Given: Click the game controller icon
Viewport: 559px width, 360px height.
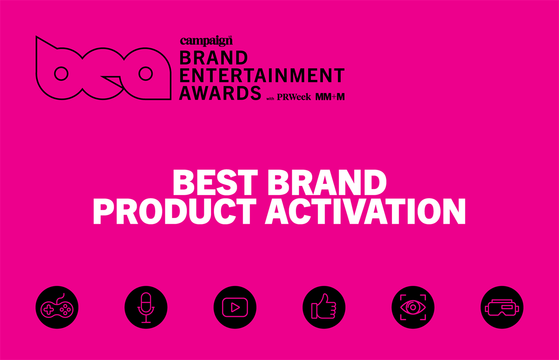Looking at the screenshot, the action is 57,307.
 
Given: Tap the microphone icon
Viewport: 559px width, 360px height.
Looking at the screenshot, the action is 146,307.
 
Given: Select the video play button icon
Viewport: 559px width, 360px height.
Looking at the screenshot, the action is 235,307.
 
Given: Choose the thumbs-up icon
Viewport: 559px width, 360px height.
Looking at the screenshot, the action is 324,307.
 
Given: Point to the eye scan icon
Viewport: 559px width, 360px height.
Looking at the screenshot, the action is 413,307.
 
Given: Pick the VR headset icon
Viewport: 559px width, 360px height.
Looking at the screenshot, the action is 502,307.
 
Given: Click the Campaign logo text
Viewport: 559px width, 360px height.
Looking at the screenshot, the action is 206,41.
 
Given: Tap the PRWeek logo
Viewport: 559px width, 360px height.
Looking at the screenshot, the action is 294,97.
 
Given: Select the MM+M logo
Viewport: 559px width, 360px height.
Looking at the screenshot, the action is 330,97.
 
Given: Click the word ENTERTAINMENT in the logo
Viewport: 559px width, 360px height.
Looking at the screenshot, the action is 262,75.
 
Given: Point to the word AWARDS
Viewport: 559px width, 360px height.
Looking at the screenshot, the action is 220,93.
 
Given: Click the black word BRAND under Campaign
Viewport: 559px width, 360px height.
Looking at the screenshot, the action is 214,58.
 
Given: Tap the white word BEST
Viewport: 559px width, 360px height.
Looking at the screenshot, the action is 215,182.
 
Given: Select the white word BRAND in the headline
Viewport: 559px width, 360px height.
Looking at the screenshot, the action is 327,182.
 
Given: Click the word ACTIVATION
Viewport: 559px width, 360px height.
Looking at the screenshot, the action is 365,211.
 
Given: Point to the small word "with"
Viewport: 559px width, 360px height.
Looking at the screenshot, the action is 270,98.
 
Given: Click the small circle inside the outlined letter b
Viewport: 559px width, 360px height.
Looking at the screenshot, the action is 61,74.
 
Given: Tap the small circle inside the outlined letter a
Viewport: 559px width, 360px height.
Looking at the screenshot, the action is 146,74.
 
